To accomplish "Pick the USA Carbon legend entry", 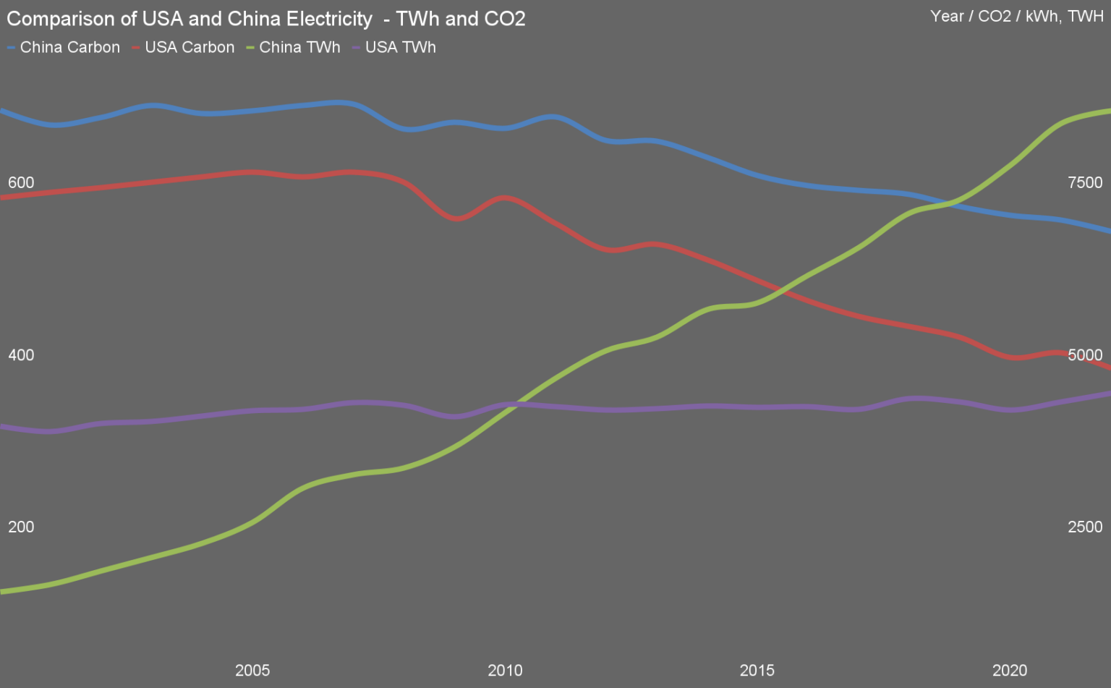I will pos(184,48).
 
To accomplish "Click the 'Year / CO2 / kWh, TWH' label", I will pos(1016,17).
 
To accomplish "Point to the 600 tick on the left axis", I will pos(21,182).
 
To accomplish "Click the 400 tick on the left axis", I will pos(21,355).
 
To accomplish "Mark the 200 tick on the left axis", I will pos(21,527).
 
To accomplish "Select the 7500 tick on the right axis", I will pos(1085,182).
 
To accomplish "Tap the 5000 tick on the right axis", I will pos(1085,355).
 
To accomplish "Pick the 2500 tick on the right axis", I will pos(1085,527).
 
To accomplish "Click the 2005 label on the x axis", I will pos(252,671).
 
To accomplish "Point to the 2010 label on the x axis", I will pos(505,671).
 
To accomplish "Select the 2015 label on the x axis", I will pos(757,671).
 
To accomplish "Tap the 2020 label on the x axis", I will pos(1010,671).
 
